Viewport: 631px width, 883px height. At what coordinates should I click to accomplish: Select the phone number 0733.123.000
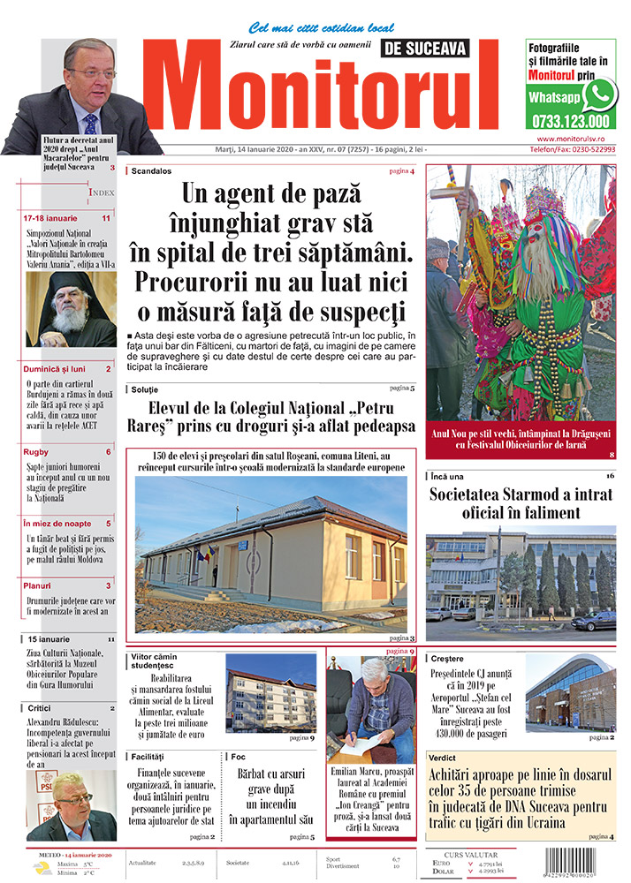[x=571, y=122]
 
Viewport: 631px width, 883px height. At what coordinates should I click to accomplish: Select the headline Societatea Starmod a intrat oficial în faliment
[x=521, y=503]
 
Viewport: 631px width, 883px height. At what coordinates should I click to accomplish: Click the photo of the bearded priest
[x=70, y=309]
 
